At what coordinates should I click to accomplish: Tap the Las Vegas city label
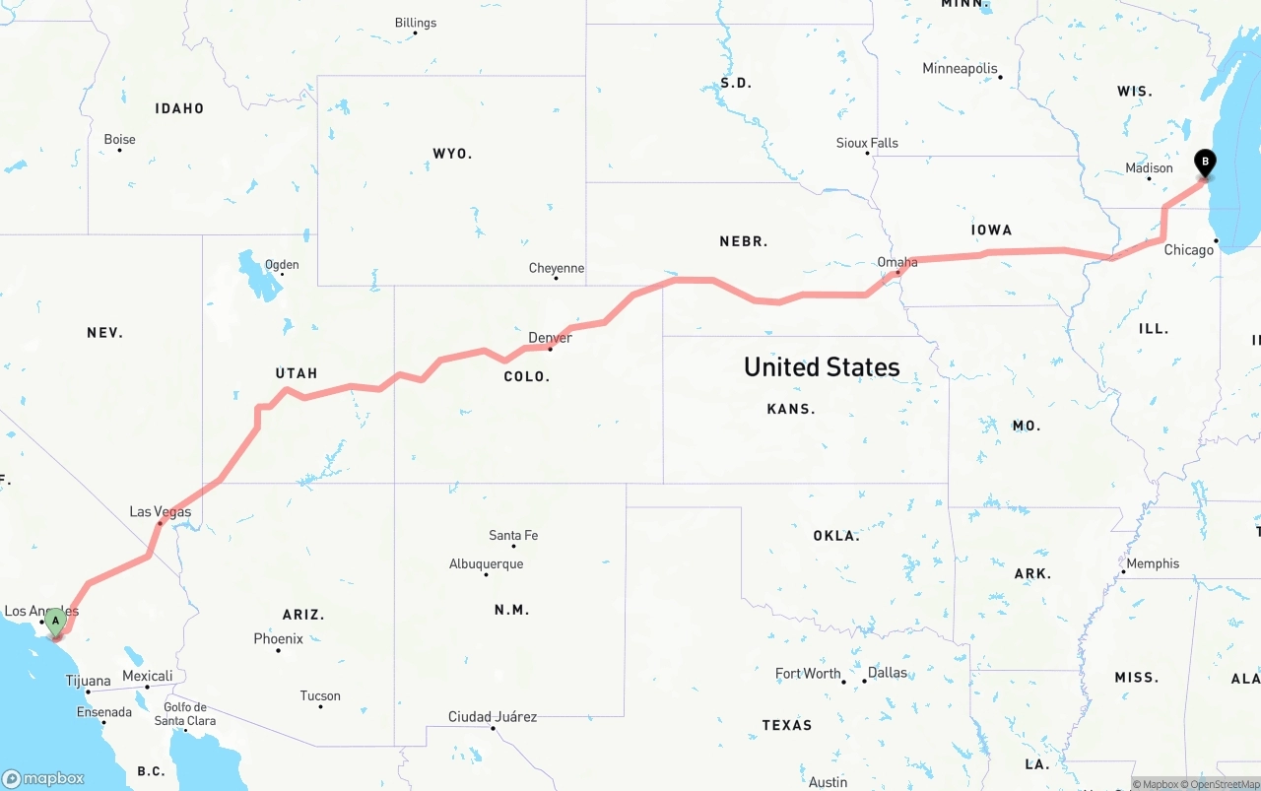coord(161,512)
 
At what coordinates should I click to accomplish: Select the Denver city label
coord(550,338)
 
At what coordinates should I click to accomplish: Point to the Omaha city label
coord(897,262)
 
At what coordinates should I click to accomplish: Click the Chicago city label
coord(1189,250)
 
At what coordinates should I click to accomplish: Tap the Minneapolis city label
coord(960,69)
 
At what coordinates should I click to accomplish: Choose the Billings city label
coord(415,23)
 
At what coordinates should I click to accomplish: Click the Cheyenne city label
coord(557,268)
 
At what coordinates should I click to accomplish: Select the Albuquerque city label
coord(486,564)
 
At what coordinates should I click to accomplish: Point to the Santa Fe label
coord(513,536)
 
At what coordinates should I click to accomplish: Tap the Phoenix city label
coord(278,639)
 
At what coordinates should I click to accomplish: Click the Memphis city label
coord(1153,563)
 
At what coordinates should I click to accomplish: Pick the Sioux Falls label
coord(867,143)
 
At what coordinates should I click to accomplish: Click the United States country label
coord(822,367)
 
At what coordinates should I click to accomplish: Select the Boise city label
coord(119,140)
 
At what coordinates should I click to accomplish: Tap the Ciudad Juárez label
coord(493,717)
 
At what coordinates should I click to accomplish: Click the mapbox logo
coord(43,778)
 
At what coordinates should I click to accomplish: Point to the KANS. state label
coord(791,409)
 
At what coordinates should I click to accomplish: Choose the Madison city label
coord(1149,168)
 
